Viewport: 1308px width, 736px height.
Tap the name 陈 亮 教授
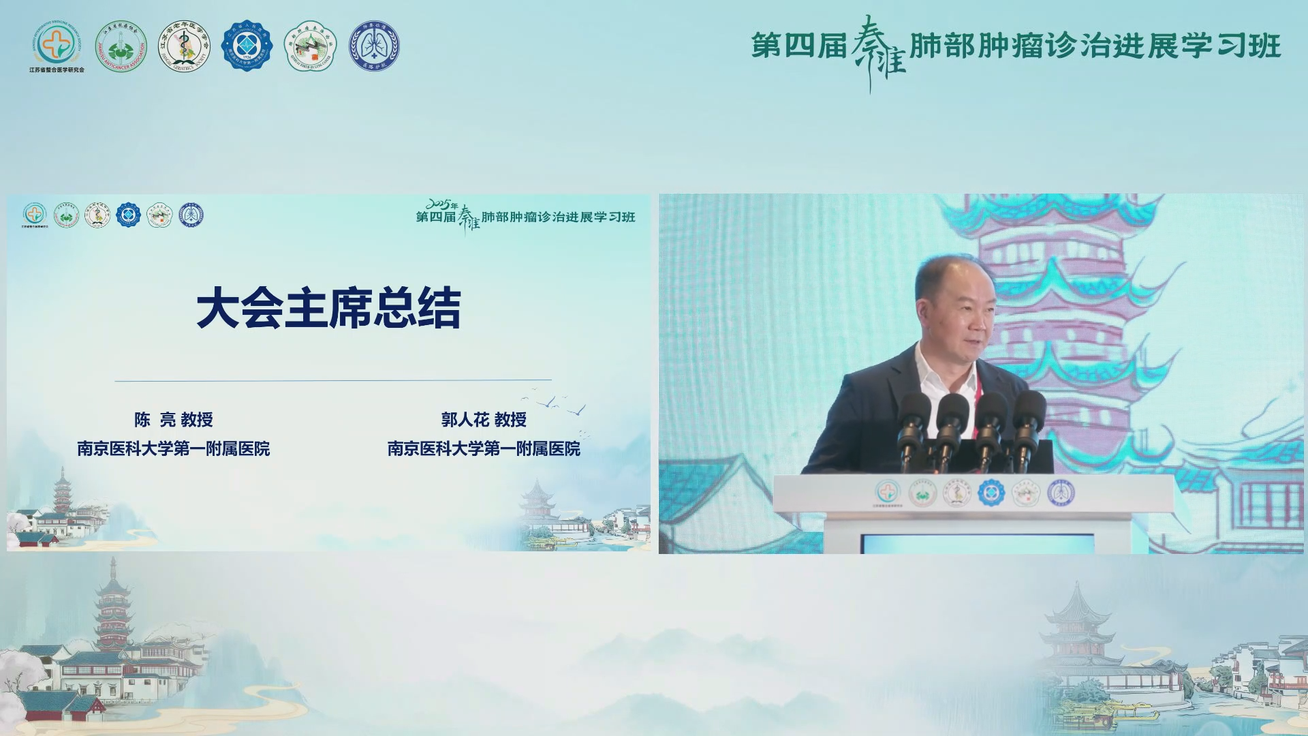tap(173, 420)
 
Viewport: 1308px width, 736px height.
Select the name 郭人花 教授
tap(484, 420)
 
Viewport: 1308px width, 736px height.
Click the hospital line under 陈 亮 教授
tap(173, 448)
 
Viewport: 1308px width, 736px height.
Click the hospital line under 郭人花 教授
tap(484, 448)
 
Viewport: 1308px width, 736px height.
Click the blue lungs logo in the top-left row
tap(374, 46)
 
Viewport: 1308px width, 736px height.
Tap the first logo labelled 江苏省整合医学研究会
tap(57, 46)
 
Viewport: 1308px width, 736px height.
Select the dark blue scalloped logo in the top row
tap(247, 46)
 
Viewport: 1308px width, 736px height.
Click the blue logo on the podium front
tap(991, 492)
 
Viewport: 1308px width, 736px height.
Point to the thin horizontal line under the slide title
tap(333, 380)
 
